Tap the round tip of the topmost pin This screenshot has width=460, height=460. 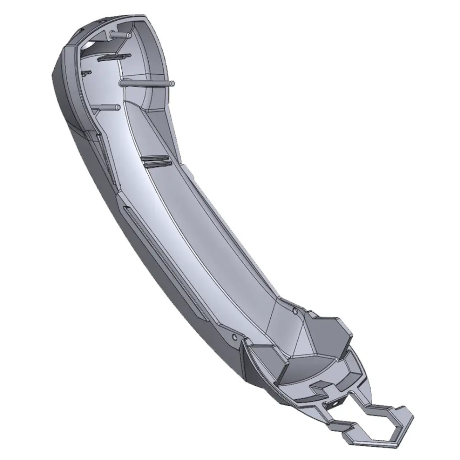click(x=129, y=35)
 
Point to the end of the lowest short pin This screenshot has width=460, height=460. click(x=118, y=107)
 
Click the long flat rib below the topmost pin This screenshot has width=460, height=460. click(x=113, y=57)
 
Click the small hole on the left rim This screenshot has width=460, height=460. click(x=234, y=336)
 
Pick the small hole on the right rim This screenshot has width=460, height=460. click(x=294, y=310)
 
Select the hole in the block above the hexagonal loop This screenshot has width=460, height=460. click(x=336, y=403)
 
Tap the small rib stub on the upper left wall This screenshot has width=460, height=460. click(x=86, y=72)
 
